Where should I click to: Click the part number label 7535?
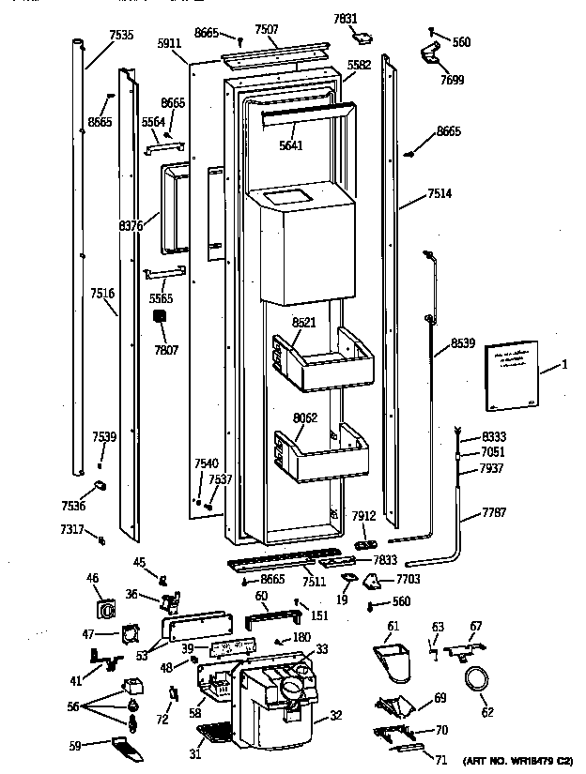coord(120,35)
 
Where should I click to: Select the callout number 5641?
coord(291,145)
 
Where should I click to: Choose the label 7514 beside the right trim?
coord(439,193)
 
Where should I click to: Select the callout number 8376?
coord(131,225)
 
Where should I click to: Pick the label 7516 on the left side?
coord(102,294)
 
